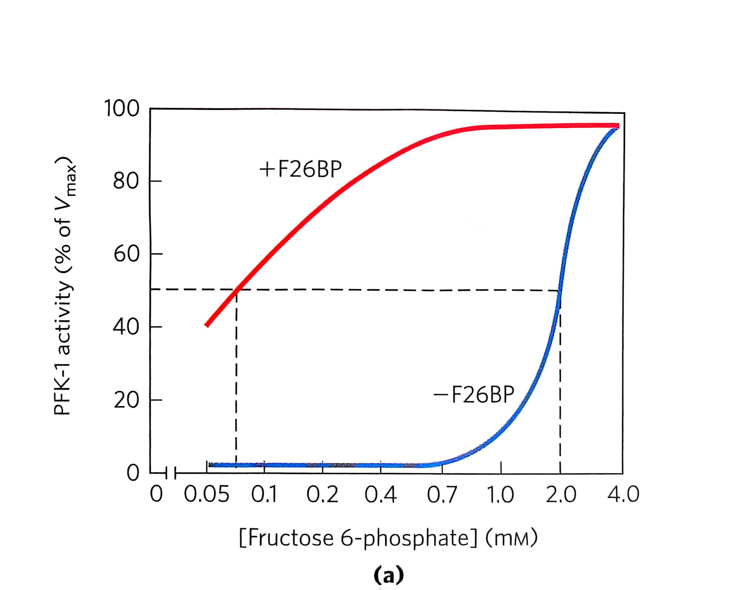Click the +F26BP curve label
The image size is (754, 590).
(x=300, y=169)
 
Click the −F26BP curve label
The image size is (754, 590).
(x=474, y=394)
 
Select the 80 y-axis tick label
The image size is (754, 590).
(x=126, y=181)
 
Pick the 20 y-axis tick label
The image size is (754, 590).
(x=126, y=400)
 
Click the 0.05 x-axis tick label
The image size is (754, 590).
(x=206, y=495)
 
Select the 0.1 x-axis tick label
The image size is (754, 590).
(x=264, y=495)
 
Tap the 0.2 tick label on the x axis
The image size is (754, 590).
(x=322, y=495)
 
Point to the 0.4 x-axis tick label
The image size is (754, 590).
(x=380, y=495)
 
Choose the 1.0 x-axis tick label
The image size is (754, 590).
(x=500, y=495)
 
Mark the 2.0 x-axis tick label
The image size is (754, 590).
(x=560, y=495)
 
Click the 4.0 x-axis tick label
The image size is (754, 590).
(x=623, y=495)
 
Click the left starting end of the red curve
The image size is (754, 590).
(x=207, y=325)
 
